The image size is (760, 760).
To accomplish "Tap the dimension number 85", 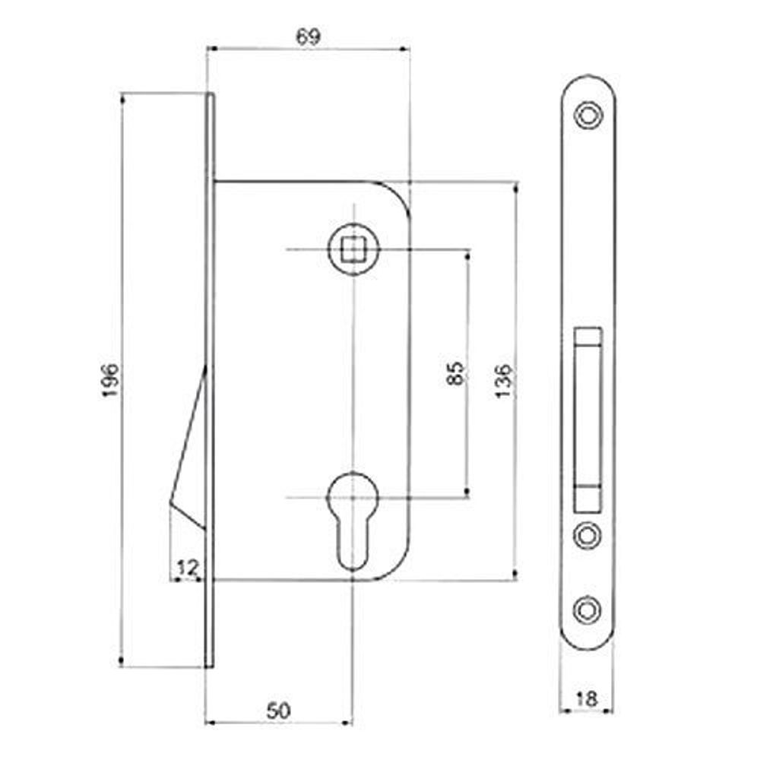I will pyautogui.click(x=455, y=372).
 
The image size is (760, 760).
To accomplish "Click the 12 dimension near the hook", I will pyautogui.click(x=186, y=567).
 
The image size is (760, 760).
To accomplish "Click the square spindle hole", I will pyautogui.click(x=352, y=249).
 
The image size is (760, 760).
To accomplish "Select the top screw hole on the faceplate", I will pyautogui.click(x=587, y=116).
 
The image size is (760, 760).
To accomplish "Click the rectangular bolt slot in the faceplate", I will pyautogui.click(x=587, y=418).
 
